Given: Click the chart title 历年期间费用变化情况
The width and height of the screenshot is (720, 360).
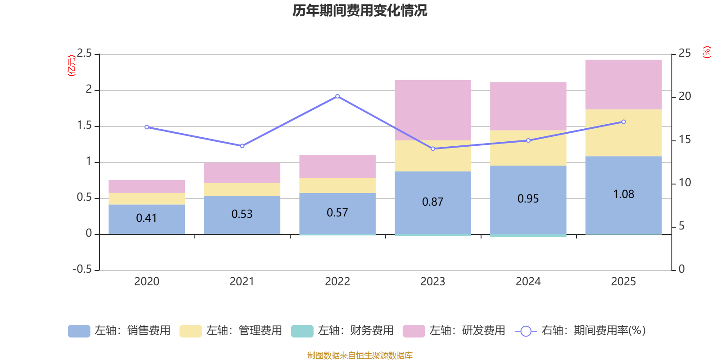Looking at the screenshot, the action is tap(360, 11).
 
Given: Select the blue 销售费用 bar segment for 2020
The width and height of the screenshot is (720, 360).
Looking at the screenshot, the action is tap(147, 219).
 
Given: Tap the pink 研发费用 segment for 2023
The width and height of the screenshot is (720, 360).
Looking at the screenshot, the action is tap(432, 110).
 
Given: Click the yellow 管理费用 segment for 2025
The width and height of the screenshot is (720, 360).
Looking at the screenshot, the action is tap(623, 133).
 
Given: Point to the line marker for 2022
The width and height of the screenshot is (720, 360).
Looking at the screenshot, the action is tap(337, 96).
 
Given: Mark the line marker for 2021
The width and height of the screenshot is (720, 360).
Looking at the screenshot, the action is tap(242, 146).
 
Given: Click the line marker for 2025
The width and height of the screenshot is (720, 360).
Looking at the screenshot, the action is tap(624, 122).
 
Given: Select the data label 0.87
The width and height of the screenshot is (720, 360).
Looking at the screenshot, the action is tap(432, 202).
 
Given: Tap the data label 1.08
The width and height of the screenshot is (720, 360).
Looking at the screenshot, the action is tap(624, 194).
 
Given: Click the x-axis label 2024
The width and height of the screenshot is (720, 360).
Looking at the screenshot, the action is tap(528, 282).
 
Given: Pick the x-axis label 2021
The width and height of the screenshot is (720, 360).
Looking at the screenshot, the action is tap(242, 282).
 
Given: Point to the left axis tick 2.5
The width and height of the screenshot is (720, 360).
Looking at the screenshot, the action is tap(84, 53).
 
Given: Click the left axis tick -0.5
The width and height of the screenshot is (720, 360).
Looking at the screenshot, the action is tap(82, 269).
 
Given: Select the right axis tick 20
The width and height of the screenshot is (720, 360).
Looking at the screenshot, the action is tap(684, 96).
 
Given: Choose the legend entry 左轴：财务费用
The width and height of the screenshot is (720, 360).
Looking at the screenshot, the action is tap(342, 331).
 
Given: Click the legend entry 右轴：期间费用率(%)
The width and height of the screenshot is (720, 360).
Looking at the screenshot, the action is tap(580, 331).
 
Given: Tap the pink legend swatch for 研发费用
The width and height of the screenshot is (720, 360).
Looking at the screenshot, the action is tap(414, 331).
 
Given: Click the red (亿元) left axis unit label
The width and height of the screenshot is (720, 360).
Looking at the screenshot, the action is tap(72, 66).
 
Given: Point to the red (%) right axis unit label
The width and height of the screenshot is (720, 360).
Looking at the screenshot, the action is tap(706, 52).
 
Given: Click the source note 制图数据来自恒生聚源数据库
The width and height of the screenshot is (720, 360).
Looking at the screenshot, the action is tap(360, 355).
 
